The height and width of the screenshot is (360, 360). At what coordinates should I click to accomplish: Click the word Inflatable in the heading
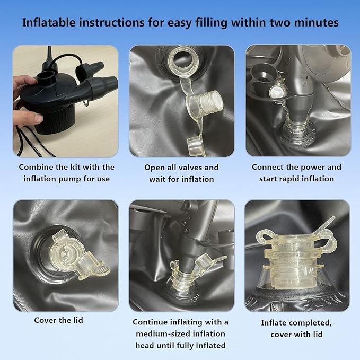click(x=49, y=23)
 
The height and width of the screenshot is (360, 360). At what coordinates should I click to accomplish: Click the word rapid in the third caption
click(x=293, y=179)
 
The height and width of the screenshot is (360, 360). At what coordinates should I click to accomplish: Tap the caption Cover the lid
click(x=58, y=320)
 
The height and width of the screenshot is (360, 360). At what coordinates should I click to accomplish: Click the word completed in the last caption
click(x=312, y=323)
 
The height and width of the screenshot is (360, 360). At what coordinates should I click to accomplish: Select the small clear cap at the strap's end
click(x=195, y=145)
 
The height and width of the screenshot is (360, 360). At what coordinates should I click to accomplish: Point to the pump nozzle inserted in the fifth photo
click(x=189, y=257)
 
